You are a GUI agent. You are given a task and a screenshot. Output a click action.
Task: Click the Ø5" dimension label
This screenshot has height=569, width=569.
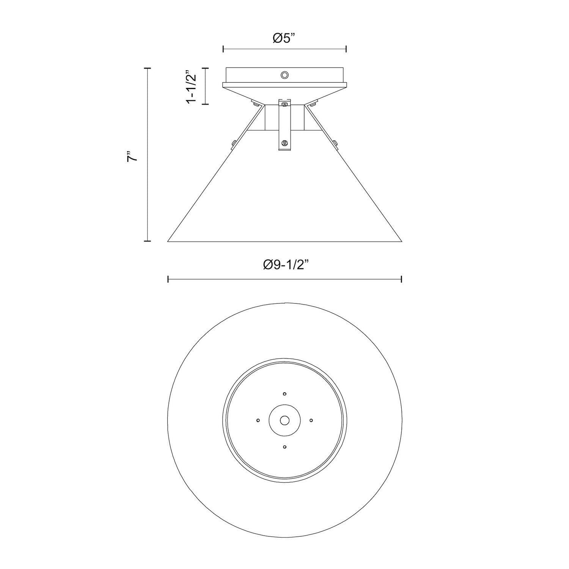tap(284, 38)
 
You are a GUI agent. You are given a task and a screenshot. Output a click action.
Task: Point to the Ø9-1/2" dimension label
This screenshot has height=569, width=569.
tap(284, 265)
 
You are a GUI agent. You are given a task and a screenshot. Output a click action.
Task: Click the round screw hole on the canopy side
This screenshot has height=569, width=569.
tap(284, 75)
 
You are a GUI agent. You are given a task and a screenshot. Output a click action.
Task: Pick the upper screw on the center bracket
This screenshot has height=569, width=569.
tap(284, 104)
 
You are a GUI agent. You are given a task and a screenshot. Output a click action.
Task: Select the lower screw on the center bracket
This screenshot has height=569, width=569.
tap(284, 143)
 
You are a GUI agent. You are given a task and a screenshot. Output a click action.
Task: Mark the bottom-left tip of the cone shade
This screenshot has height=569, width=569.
tap(168, 241)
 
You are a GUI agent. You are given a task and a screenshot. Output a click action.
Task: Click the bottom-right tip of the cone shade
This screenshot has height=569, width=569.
tap(401, 241)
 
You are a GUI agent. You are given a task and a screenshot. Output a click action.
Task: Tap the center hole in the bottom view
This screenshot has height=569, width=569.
tap(284, 420)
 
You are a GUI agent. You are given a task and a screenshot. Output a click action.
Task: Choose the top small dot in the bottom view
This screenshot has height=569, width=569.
tap(284, 394)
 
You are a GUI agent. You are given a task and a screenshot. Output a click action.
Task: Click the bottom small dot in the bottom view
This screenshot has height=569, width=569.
tap(284, 447)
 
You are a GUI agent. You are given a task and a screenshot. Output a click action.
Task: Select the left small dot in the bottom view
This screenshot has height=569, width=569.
tap(258, 420)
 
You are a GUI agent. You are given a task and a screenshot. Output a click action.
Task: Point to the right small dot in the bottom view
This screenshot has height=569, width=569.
tap(311, 420)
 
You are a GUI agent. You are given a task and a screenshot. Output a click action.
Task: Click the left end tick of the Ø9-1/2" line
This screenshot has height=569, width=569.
tap(168, 280)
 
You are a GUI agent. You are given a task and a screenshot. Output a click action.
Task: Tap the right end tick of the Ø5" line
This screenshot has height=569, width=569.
tap(346, 49)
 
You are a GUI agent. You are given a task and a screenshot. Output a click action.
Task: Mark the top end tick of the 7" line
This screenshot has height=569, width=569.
tap(148, 68)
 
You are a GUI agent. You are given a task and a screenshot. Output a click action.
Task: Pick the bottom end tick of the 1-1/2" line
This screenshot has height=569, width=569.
tap(205, 104)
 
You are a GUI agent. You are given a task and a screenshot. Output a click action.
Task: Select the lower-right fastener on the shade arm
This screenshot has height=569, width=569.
tap(335, 143)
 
